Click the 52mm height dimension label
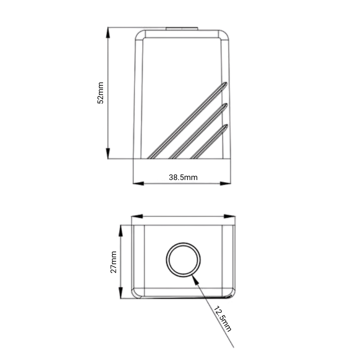(100, 93)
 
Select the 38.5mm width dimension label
(183, 177)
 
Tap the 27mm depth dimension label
(114, 262)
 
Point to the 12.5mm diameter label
(222, 319)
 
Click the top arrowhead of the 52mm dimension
(108, 32)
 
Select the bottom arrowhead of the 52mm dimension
(108, 153)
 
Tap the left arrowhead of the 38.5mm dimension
(139, 184)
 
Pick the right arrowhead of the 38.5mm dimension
(225, 184)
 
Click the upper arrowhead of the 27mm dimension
(121, 231)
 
